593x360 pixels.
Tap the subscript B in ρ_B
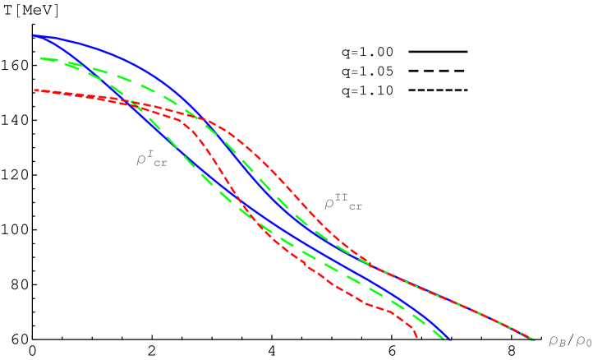(x=563, y=344)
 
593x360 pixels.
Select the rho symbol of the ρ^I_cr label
(x=140, y=159)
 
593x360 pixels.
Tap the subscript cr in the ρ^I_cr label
(x=159, y=164)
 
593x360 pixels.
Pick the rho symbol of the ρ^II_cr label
(x=329, y=202)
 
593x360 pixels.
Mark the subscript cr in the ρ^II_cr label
(x=355, y=207)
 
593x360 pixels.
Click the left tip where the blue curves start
(x=34, y=35)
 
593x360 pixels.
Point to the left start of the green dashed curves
(x=41, y=58)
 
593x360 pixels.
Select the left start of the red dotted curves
(x=34, y=90)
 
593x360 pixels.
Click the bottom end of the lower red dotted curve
(x=418, y=338)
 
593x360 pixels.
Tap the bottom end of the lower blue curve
(x=449, y=339)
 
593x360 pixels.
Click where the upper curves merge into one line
(x=374, y=268)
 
